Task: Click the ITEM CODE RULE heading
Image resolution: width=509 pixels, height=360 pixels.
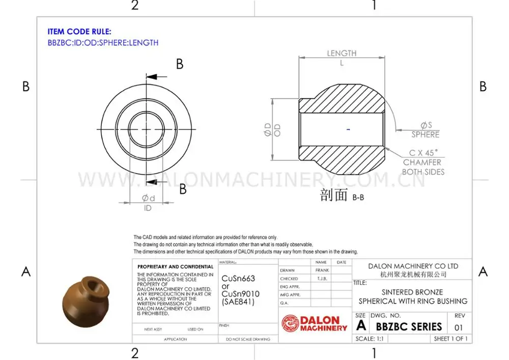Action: [79, 32]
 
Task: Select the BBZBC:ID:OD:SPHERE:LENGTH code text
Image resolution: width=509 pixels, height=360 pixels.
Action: [103, 43]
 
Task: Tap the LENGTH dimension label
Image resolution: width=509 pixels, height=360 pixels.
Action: [342, 53]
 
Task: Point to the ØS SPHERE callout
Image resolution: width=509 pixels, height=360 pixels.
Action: [426, 130]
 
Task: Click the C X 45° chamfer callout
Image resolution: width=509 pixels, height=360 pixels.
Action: [423, 152]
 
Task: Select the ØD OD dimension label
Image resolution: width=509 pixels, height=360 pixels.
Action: [272, 129]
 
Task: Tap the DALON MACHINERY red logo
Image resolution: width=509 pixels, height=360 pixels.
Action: [315, 323]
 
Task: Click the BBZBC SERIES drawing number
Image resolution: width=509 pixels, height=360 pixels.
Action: [409, 326]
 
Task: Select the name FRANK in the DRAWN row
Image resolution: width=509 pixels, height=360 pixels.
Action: [322, 270]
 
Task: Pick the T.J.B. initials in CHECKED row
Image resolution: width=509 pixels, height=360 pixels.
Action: [322, 279]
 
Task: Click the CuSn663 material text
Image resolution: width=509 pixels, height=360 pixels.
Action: [238, 279]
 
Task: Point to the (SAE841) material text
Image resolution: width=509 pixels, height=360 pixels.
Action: [238, 302]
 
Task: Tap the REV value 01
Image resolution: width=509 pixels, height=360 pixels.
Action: [459, 327]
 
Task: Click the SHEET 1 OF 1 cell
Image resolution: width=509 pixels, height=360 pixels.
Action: [450, 339]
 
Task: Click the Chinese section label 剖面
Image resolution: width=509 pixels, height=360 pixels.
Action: [333, 195]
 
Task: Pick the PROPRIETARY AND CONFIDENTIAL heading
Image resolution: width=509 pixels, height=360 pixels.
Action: [176, 267]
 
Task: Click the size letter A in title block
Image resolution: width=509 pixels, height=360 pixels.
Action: [361, 326]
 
